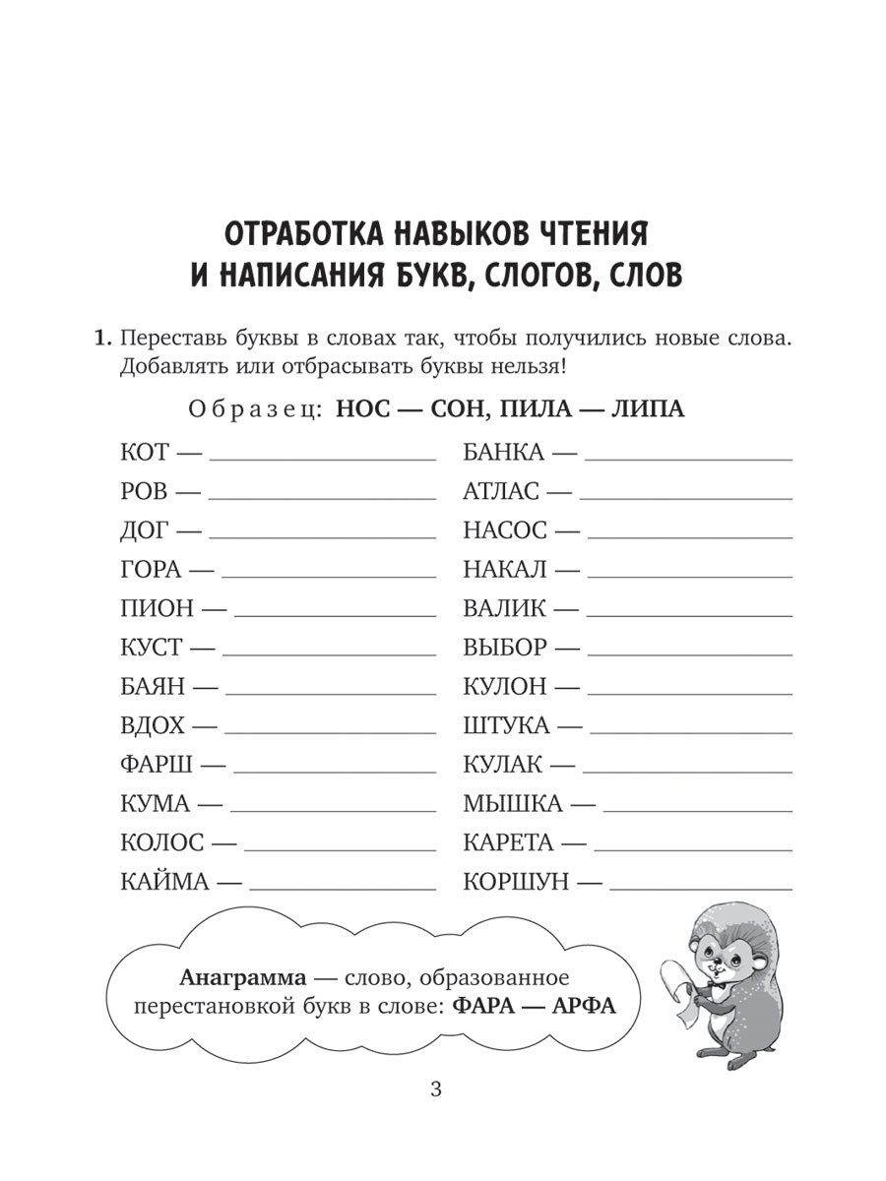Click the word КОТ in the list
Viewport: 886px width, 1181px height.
tap(145, 453)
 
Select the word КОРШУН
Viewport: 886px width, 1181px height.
tap(516, 882)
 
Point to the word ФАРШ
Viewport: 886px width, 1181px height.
tap(158, 765)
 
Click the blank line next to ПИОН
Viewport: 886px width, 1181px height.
tap(335, 616)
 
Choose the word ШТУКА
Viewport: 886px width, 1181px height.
tap(506, 725)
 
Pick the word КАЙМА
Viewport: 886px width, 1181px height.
tap(165, 882)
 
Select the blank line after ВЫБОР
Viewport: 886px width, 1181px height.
tap(696, 654)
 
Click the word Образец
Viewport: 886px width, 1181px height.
tap(253, 408)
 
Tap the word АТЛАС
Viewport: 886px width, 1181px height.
tap(501, 491)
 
